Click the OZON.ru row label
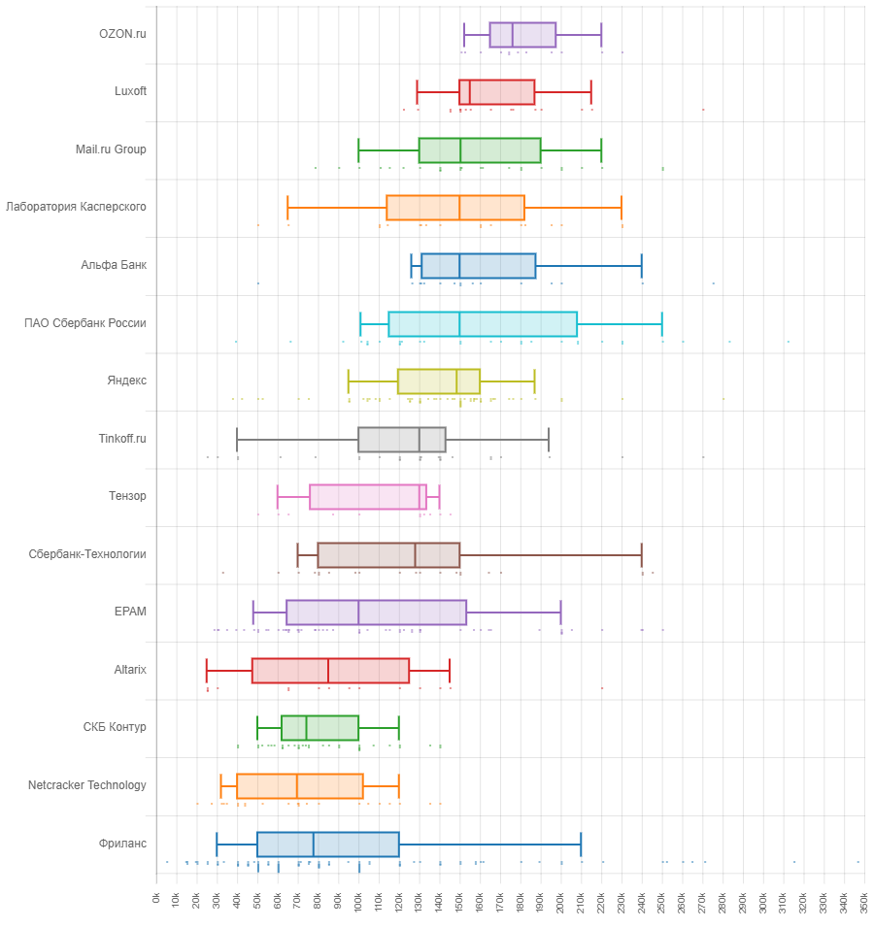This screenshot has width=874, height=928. tap(122, 34)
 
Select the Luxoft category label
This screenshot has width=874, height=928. tap(130, 91)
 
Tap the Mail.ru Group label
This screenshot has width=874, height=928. tap(111, 149)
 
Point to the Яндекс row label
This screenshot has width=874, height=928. tap(126, 381)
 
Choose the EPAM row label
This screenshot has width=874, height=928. tap(130, 612)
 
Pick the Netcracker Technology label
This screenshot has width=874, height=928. tap(87, 785)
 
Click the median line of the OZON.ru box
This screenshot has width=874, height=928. tap(513, 34)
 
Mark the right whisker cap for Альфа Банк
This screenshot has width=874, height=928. tap(642, 265)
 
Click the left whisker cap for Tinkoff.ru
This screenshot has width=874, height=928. tap(237, 439)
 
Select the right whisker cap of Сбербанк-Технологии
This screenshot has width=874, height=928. tap(642, 554)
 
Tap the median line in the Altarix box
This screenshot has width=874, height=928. tap(328, 670)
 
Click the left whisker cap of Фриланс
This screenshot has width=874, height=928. tap(217, 844)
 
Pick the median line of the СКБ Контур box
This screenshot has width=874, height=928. tap(306, 728)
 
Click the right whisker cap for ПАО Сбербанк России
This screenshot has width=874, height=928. tap(662, 323)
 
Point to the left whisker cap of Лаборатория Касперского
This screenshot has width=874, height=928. tap(287, 208)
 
